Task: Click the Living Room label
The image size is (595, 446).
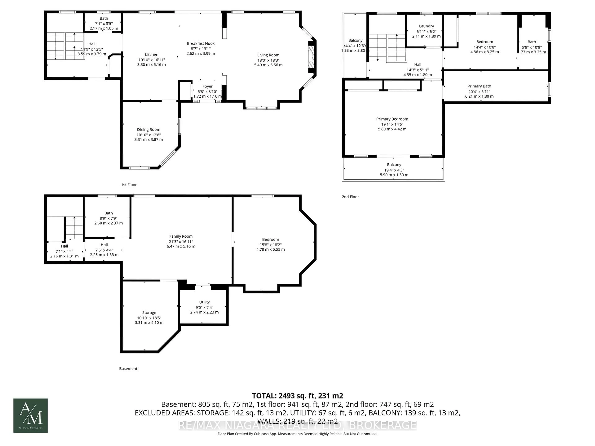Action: pos(268,55)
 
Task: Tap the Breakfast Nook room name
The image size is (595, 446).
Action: pos(201,43)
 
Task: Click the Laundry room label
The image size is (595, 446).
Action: pos(426,26)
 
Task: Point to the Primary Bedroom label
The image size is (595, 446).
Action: pos(392,119)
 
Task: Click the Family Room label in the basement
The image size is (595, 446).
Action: pos(181,236)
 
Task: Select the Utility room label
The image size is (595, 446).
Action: pos(204,302)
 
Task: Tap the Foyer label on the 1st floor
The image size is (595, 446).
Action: pos(207,86)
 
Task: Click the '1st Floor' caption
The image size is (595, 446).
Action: pos(129,185)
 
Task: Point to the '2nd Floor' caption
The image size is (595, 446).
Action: pos(350,197)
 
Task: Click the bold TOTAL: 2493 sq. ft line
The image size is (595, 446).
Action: pos(297,396)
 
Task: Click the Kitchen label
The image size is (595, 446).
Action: pos(151,55)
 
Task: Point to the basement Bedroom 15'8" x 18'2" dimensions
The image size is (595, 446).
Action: pos(270,245)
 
